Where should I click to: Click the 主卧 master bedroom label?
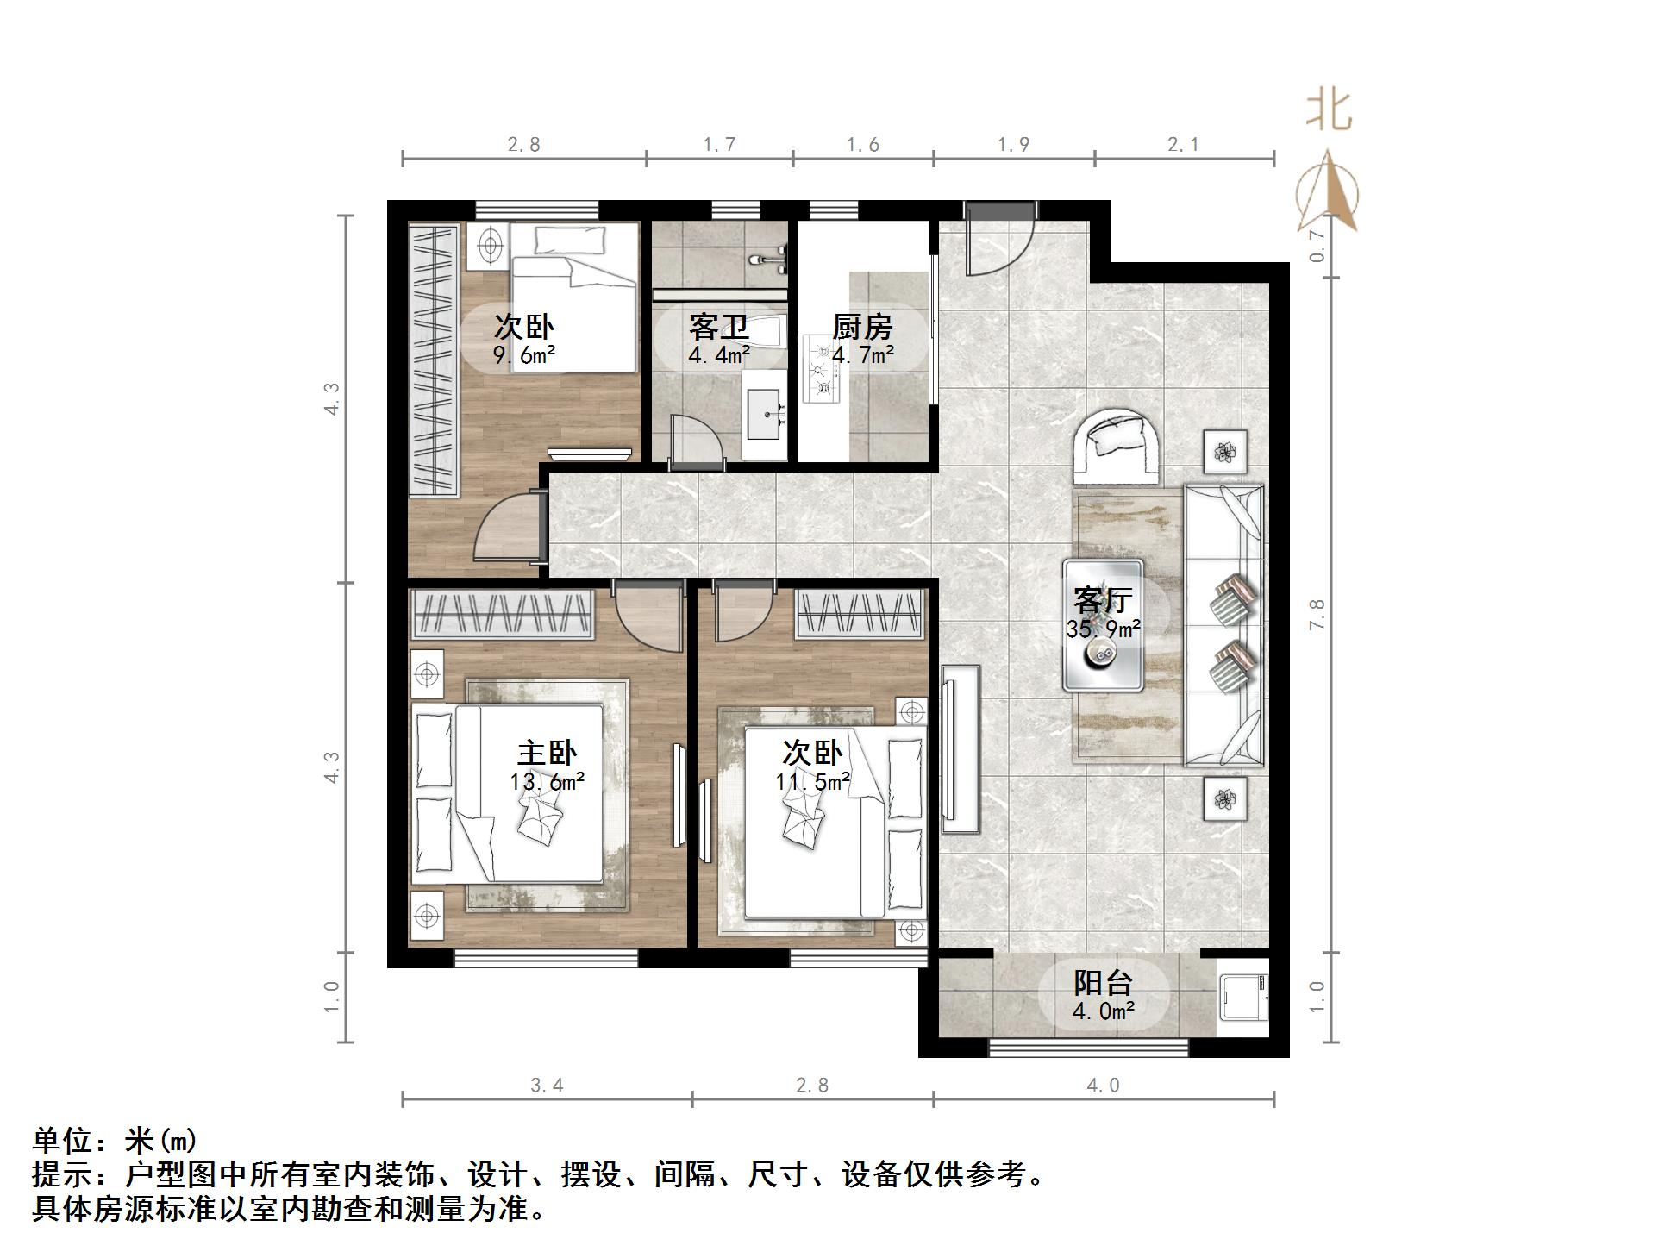tap(547, 753)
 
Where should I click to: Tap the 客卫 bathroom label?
tap(717, 327)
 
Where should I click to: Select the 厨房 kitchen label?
tap(861, 327)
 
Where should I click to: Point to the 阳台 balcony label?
tap(1103, 982)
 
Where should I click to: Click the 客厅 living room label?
tap(1103, 599)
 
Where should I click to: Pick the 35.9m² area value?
tap(1103, 629)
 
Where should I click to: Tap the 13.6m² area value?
tap(547, 782)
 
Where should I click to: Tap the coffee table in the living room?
tap(1103, 625)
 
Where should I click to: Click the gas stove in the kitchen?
tap(820, 370)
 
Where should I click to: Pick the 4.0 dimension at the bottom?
tap(1103, 1085)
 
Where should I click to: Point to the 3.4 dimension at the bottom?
tap(547, 1085)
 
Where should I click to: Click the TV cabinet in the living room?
tap(961, 748)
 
